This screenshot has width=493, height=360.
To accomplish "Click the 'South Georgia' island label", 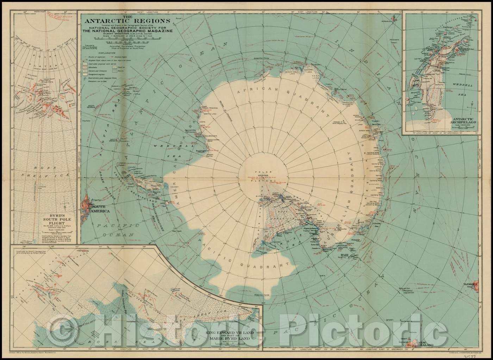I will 91,106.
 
